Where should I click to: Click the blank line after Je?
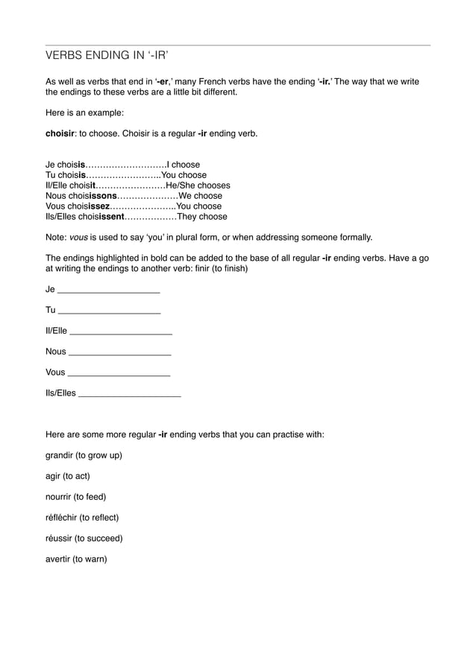pyautogui.click(x=108, y=290)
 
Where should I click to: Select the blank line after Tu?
pyautogui.click(x=109, y=311)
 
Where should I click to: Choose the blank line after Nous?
pyautogui.click(x=119, y=352)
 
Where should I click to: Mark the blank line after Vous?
pyautogui.click(x=119, y=373)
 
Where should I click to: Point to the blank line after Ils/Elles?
pyautogui.click(x=129, y=393)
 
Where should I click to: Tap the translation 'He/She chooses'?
pyautogui.click(x=198, y=186)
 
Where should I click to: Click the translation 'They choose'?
pyautogui.click(x=201, y=217)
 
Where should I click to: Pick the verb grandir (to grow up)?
pyautogui.click(x=84, y=454)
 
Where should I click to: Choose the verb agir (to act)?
pyautogui.click(x=67, y=475)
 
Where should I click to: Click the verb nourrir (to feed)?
pyautogui.click(x=75, y=496)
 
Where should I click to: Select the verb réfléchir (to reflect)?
pyautogui.click(x=82, y=517)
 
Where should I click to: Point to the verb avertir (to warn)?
pyautogui.click(x=76, y=559)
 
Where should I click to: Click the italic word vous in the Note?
pyautogui.click(x=78, y=237)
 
